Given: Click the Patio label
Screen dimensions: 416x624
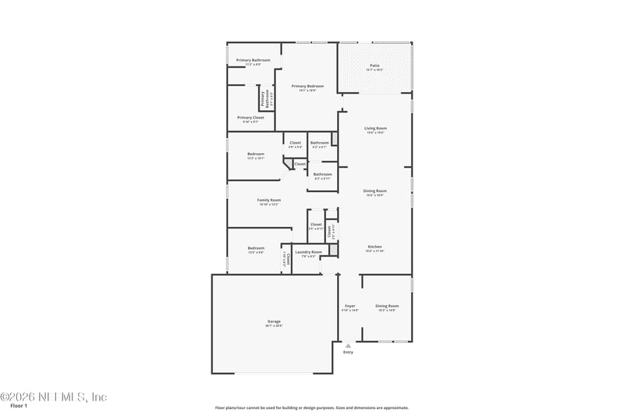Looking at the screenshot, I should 374,66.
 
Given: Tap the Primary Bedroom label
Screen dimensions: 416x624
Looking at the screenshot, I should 307,86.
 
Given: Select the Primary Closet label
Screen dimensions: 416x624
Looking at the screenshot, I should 250,118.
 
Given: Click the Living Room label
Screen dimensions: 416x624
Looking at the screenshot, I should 375,128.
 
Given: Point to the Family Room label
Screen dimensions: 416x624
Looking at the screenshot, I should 269,200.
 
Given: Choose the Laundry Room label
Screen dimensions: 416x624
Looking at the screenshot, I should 308,252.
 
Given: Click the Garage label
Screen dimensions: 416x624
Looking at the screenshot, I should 274,321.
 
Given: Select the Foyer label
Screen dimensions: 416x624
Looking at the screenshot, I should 350,306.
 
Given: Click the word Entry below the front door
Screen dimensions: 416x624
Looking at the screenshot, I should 348,352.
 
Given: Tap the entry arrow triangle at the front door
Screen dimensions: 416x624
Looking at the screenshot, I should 348,344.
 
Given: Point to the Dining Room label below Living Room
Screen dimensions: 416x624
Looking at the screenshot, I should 375,190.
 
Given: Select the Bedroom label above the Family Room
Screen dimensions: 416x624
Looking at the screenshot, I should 256,154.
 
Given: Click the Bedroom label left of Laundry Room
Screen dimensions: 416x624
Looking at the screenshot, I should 256,248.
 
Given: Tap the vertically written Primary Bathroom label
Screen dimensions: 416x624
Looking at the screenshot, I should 264,99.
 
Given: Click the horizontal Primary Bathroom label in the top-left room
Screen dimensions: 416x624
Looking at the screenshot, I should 253,60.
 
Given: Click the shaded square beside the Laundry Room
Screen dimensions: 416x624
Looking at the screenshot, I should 332,250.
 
